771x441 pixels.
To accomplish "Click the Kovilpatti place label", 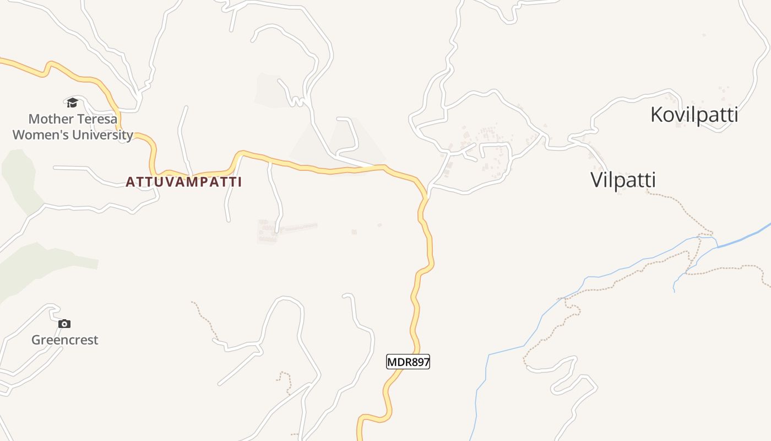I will point(694,115).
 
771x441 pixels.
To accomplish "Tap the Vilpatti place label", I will point(623,180).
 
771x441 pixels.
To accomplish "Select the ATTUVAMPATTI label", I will point(184,182).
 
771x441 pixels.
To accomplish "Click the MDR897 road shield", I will point(408,362).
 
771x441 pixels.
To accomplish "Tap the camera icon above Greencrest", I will point(64,324).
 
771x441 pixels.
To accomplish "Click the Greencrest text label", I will point(64,340).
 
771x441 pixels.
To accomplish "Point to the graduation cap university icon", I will point(72,103).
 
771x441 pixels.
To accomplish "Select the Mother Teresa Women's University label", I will point(73,127).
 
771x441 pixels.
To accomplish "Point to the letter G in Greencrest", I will point(36,340).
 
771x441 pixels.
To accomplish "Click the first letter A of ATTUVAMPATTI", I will point(131,182).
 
